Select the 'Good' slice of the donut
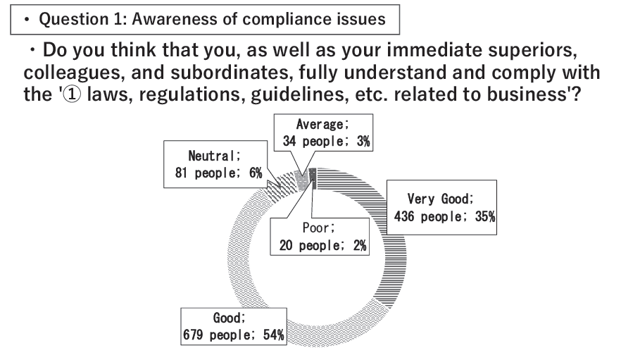tap(243, 261)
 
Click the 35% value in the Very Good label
tap(484, 216)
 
